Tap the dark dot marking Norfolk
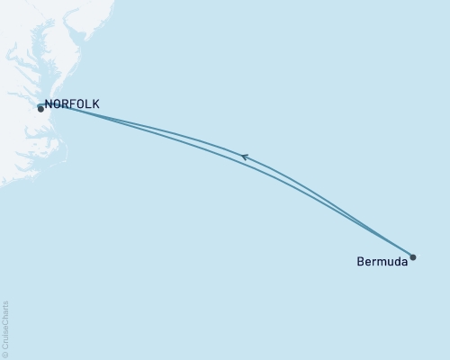point(40,109)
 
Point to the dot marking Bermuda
point(413,257)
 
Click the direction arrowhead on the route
point(244,157)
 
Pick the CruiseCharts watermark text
point(5,328)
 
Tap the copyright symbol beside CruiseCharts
point(5,355)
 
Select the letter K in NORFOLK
point(95,104)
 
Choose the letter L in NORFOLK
point(88,104)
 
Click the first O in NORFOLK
point(58,104)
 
